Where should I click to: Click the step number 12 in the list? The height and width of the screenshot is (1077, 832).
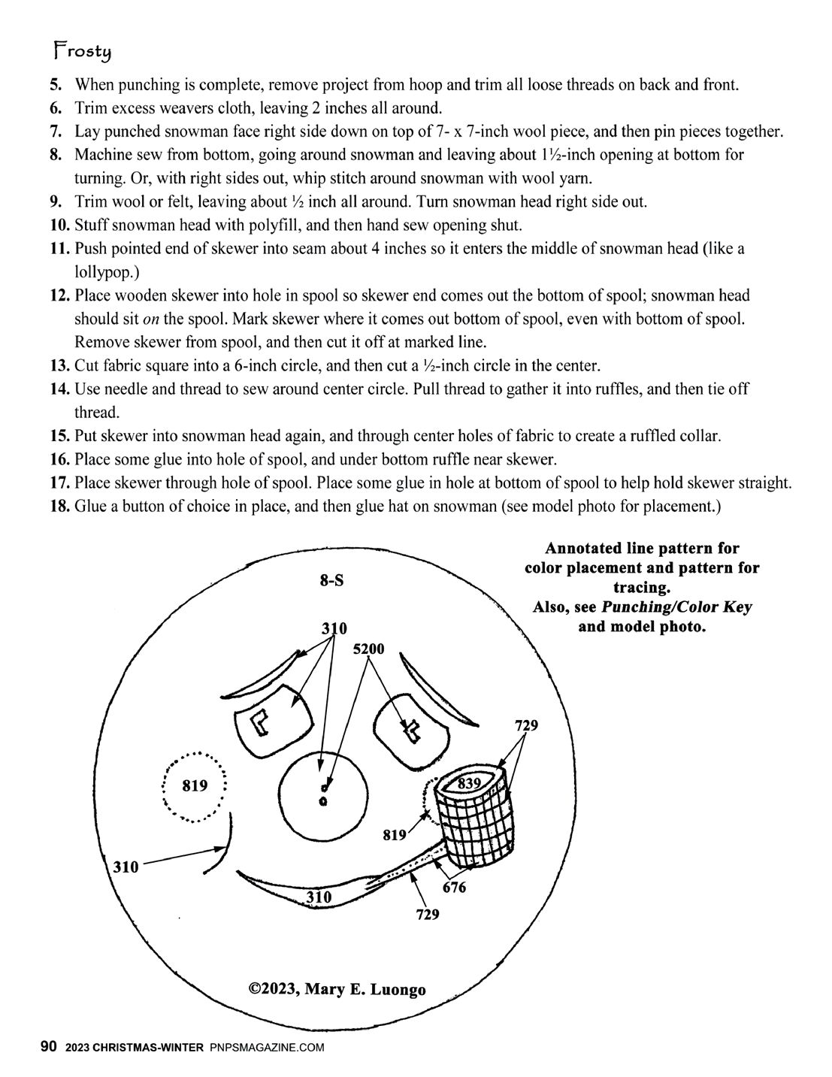point(60,295)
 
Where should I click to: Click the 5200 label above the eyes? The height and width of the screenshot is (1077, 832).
point(368,649)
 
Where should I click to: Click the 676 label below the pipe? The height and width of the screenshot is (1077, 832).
point(454,888)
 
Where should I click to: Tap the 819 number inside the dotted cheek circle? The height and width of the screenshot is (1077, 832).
point(195,786)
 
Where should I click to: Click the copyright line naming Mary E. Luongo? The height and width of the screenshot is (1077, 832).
point(337,988)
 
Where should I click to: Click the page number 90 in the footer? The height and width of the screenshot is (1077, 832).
point(48,1046)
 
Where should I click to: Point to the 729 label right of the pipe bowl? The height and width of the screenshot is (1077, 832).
point(526,726)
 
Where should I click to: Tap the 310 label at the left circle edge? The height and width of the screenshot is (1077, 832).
point(126,867)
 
